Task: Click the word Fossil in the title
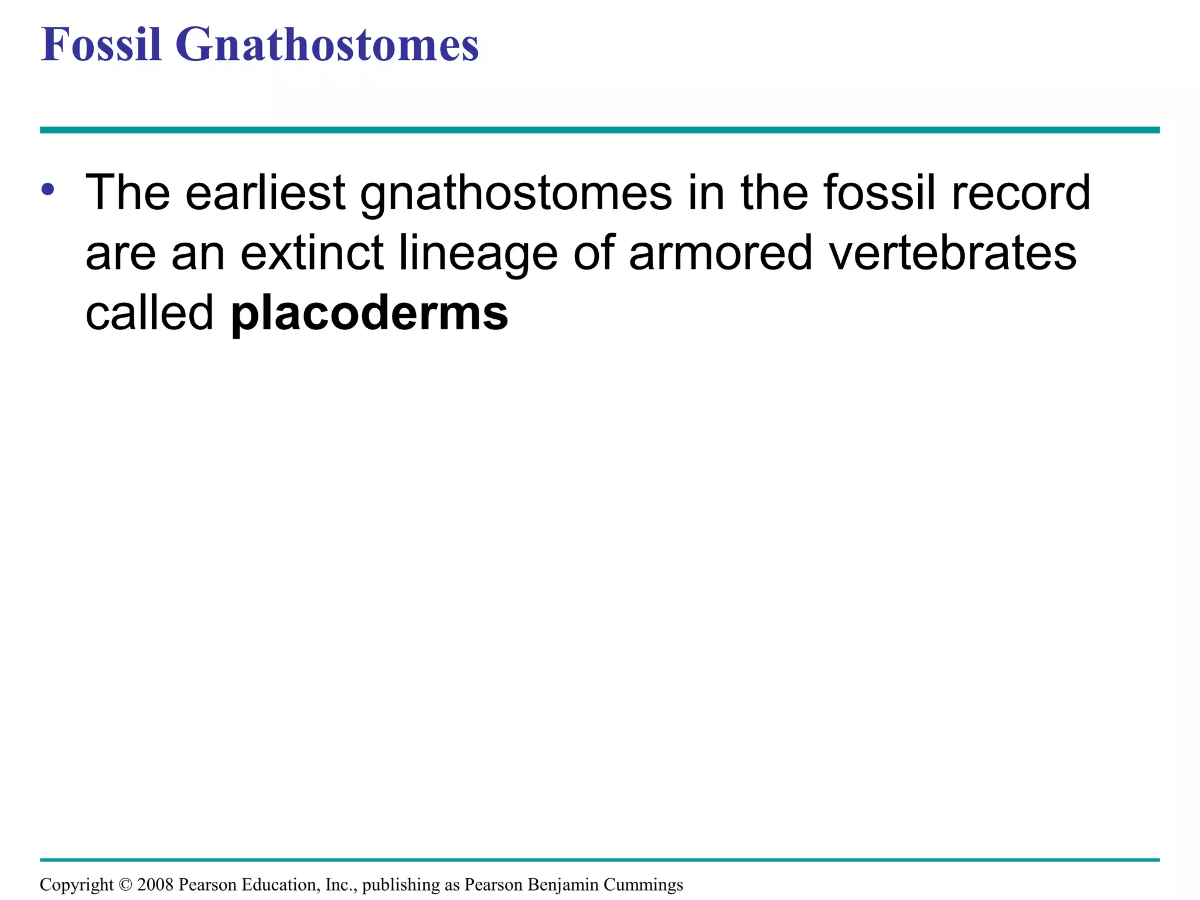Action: (x=101, y=45)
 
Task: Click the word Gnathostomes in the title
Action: (x=327, y=45)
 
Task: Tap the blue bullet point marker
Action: (x=48, y=189)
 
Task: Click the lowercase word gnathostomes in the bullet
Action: (x=516, y=193)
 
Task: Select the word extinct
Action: (x=312, y=253)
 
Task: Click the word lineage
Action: (x=478, y=254)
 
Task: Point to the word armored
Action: (x=720, y=253)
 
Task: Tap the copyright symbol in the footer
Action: (x=126, y=885)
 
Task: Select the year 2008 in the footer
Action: (x=155, y=885)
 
